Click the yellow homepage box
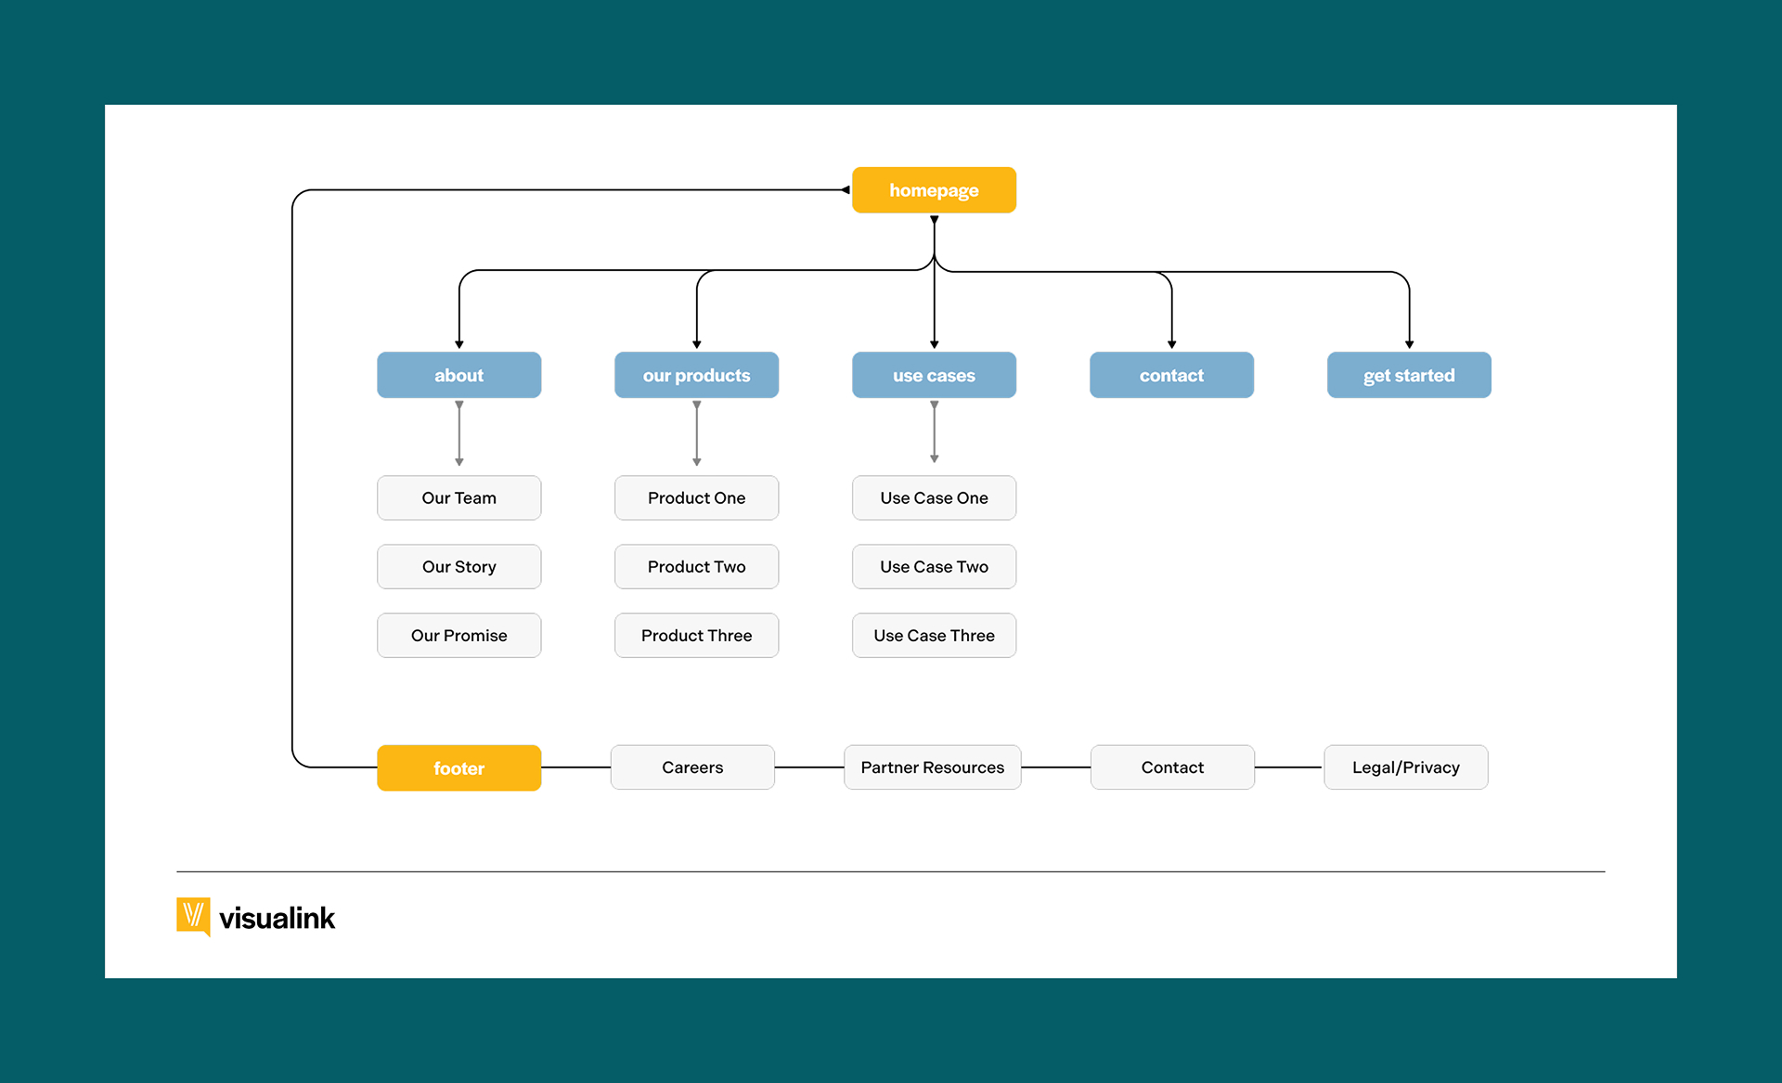tap(934, 190)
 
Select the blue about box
tap(458, 375)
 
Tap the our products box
tap(696, 375)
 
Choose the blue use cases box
tap(934, 375)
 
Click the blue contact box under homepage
tap(1171, 375)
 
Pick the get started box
tap(1409, 375)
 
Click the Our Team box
tap(458, 498)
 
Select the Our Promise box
tap(458, 636)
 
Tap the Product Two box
tap(696, 567)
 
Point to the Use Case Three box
tap(934, 636)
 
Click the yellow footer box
tap(458, 768)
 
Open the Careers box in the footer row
tap(692, 767)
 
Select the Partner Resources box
tap(932, 767)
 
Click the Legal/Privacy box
tap(1405, 767)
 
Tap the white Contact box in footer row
tap(1172, 767)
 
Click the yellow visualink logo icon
tap(193, 916)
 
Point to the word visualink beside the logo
tap(277, 919)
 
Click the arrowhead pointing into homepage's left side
tap(846, 190)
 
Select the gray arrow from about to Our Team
tap(458, 433)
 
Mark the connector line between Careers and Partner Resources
tap(809, 767)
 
